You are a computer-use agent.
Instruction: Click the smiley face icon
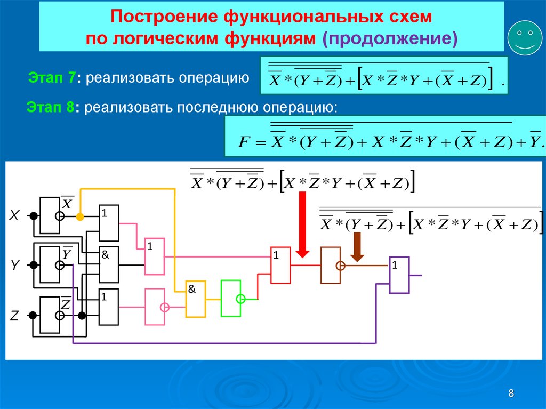pos(525,38)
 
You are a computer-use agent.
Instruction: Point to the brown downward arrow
pos(357,247)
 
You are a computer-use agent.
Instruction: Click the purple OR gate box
pos(399,275)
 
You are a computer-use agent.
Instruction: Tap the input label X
pos(14,215)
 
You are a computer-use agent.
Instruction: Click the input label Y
pos(14,265)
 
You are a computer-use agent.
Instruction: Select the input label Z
pos(14,316)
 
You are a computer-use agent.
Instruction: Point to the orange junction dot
pos(80,216)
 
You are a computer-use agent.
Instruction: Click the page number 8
pos(511,393)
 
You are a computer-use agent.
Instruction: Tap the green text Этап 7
pos(51,77)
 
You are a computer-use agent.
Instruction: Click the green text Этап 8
pos(50,107)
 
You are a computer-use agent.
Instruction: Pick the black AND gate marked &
pos(109,265)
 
